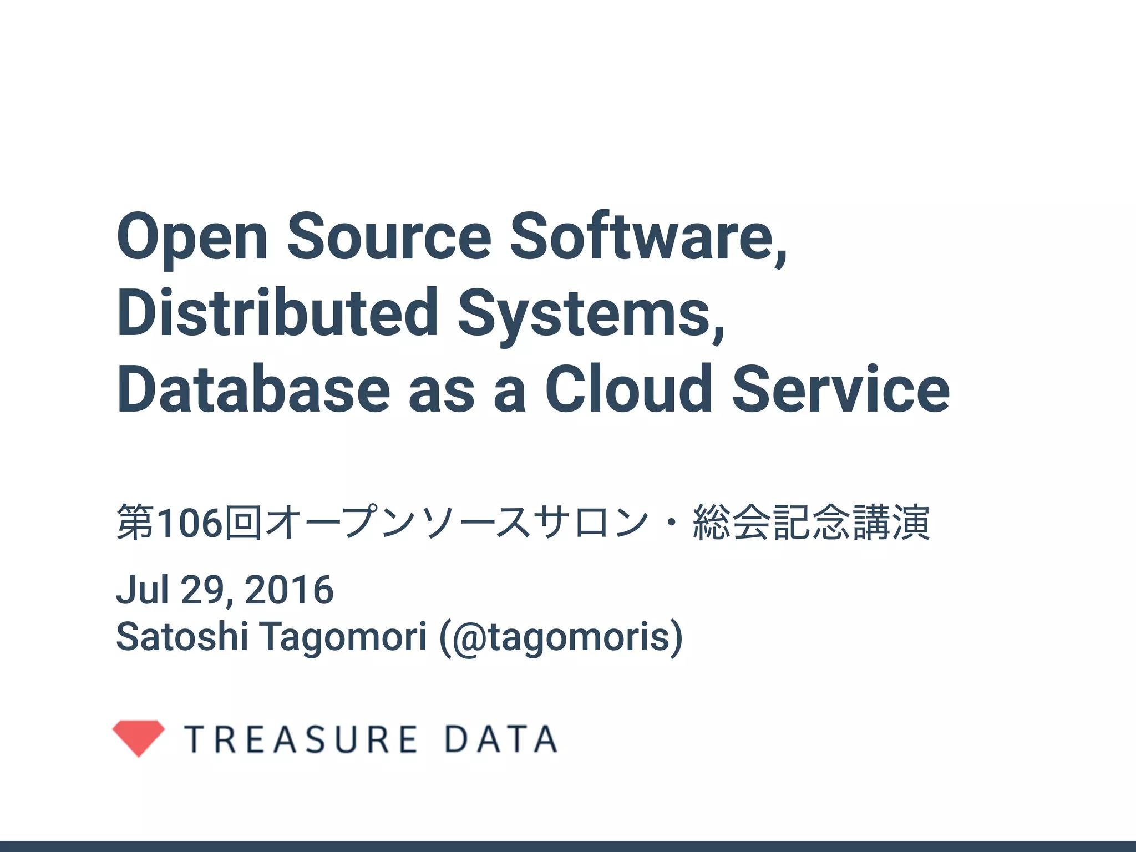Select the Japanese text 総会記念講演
pyautogui.click(x=811, y=523)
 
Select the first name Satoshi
pyautogui.click(x=182, y=636)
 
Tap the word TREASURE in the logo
pyautogui.click(x=301, y=739)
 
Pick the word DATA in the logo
pyautogui.click(x=500, y=739)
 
